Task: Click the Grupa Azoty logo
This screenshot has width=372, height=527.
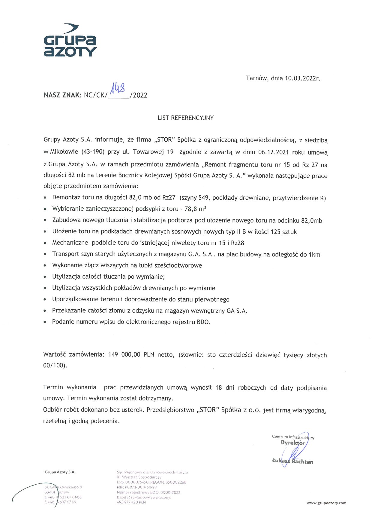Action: click(x=70, y=41)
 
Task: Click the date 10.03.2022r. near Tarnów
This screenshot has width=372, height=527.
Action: click(x=302, y=78)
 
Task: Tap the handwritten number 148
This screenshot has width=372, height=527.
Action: click(x=118, y=88)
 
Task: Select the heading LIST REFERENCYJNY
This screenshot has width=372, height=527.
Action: click(x=185, y=118)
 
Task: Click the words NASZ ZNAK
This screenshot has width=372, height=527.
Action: click(x=62, y=95)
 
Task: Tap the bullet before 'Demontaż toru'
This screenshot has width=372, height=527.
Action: click(x=45, y=198)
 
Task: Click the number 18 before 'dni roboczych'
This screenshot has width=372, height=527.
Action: click(x=219, y=388)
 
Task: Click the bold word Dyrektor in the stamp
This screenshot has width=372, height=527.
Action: click(x=292, y=443)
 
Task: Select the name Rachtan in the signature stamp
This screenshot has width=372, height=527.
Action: click(x=302, y=462)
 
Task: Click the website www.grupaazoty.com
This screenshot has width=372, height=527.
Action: click(x=326, y=503)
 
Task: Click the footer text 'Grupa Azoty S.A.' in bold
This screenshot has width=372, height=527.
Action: click(x=60, y=472)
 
